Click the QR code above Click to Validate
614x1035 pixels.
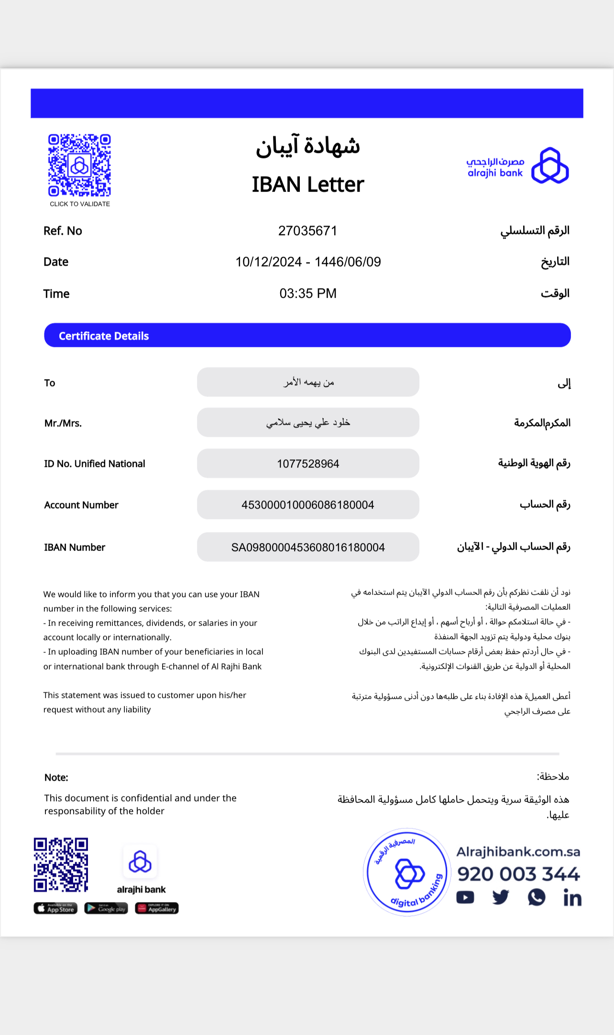(79, 165)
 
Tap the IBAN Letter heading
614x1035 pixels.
(308, 185)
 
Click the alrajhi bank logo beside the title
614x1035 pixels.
(518, 166)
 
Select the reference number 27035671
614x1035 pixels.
(308, 231)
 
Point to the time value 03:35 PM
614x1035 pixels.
(308, 294)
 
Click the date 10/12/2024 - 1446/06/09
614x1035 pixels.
(308, 262)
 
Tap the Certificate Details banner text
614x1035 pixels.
(104, 336)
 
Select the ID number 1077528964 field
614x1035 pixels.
(308, 464)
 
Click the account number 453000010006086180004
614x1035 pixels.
(308, 505)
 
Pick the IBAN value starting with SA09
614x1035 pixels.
(308, 547)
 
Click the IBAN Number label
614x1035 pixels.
(75, 547)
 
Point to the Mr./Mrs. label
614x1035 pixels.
(63, 423)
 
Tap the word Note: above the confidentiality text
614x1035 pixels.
(56, 777)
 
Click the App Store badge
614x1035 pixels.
(55, 908)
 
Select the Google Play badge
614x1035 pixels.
(106, 908)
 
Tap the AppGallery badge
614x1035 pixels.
(157, 908)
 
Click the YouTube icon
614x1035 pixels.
(465, 898)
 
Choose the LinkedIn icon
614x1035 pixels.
(572, 898)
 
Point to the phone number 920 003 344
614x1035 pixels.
(518, 874)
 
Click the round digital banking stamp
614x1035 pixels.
(406, 872)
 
